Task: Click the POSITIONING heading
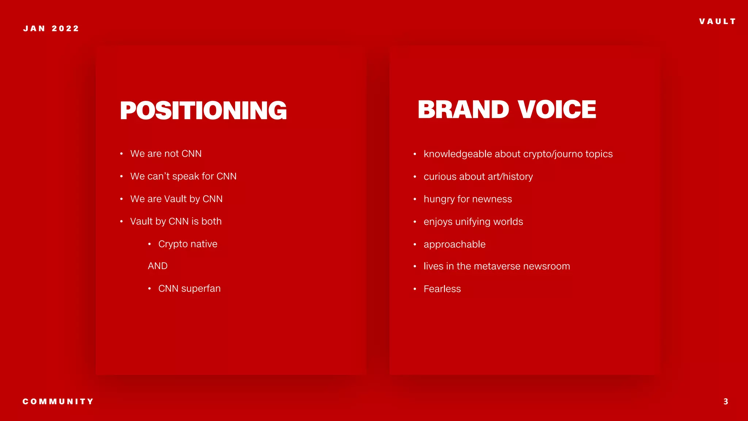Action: (203, 110)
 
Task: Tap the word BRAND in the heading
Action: (463, 110)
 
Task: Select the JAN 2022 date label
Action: (51, 29)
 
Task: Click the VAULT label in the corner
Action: (717, 22)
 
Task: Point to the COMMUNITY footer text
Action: (58, 402)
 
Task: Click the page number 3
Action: (726, 402)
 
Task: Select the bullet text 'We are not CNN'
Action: (166, 153)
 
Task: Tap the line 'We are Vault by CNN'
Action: (176, 199)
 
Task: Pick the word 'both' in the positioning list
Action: (211, 221)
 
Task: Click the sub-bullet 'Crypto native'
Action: (188, 244)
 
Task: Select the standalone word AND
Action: (158, 266)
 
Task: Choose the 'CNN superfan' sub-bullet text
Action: (189, 289)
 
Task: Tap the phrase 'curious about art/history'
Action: (478, 177)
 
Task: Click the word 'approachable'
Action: (454, 244)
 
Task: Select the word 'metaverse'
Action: (497, 266)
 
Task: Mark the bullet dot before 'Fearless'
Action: (415, 289)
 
